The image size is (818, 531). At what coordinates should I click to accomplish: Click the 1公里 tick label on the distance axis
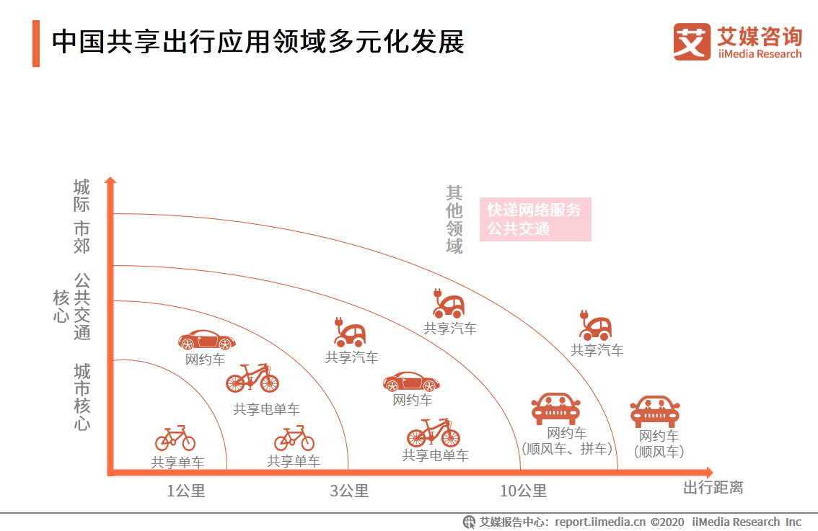point(186,491)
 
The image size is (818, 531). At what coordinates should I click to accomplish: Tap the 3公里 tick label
point(349,491)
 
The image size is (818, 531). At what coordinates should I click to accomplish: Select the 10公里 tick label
point(523,491)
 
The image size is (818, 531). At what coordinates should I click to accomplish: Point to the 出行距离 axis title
point(713,488)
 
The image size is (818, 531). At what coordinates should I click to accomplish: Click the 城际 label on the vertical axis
point(82,195)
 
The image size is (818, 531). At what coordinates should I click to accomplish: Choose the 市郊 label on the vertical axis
point(82,237)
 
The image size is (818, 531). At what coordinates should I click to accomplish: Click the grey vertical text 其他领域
point(454,220)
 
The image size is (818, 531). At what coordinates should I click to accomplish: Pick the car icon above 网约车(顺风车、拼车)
point(555,408)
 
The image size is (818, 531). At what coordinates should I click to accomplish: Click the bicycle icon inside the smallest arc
point(175,438)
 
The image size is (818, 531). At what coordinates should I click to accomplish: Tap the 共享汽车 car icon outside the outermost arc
point(596,326)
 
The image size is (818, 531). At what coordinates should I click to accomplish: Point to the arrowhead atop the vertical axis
point(110,181)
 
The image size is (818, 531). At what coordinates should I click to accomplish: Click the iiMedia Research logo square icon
point(692,42)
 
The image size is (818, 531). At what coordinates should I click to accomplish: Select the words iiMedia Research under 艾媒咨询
point(759,54)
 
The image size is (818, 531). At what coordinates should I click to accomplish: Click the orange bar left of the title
point(36,43)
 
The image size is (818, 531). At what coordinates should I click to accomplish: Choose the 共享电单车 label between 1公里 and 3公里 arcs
point(266,409)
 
